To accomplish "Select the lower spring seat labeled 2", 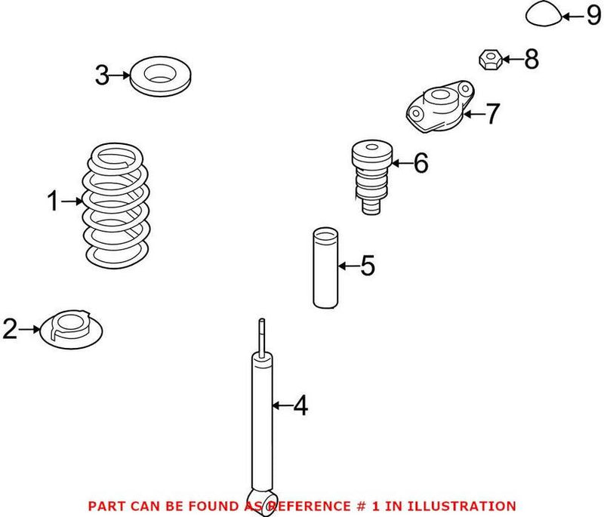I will tap(71, 330).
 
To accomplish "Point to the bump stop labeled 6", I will tap(371, 176).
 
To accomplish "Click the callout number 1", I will tap(53, 202).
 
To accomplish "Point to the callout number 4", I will tap(300, 406).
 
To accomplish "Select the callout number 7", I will tap(492, 114).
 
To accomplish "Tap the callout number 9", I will tap(592, 15).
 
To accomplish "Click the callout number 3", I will tap(103, 75).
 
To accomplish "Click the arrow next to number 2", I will tap(29, 329).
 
